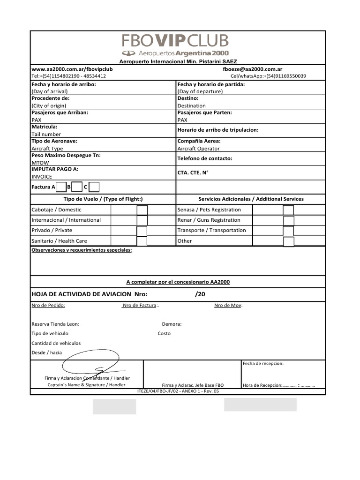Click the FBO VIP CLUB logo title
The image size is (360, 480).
tap(176, 41)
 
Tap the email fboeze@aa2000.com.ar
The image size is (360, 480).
tap(253, 68)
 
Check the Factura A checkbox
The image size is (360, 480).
tap(61, 187)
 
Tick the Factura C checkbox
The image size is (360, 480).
tap(94, 187)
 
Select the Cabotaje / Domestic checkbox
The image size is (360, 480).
tap(142, 210)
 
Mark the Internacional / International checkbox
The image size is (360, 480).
tap(142, 220)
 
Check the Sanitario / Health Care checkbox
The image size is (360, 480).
tap(142, 241)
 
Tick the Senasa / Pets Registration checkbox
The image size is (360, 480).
tap(289, 210)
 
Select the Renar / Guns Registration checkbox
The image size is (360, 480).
tap(289, 220)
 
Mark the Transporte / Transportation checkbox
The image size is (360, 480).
tap(289, 231)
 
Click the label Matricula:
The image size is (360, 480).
tap(45, 127)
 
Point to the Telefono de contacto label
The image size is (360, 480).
tap(205, 158)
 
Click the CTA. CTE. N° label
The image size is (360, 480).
tap(193, 172)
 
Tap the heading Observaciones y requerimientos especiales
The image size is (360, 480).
tap(82, 250)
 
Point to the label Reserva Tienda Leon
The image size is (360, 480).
tap(55, 324)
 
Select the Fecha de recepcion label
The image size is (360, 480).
tap(263, 363)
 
